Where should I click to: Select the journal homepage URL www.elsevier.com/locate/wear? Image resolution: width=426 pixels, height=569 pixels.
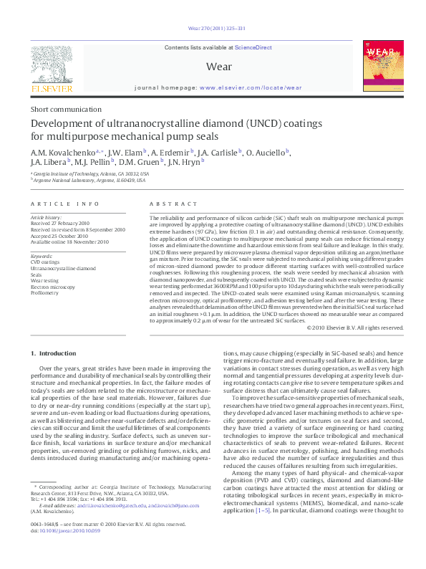251,87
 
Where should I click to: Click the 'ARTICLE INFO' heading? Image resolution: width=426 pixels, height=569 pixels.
65,204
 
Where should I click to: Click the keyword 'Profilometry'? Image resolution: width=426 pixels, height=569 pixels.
45,292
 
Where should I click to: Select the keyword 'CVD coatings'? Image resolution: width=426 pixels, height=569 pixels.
45,262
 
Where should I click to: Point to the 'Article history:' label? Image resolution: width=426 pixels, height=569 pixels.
46,216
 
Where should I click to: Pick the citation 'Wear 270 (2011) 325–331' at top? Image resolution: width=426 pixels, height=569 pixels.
213,29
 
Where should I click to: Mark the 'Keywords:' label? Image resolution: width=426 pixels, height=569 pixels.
42,256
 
